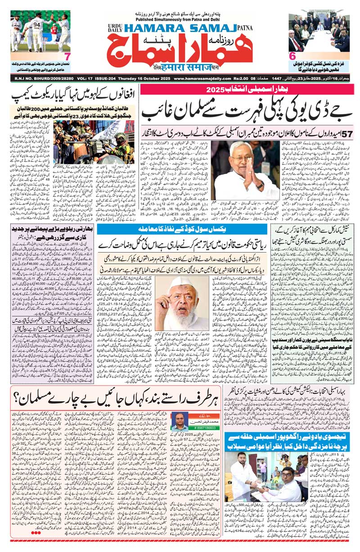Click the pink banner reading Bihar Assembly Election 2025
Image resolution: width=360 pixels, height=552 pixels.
[249, 89]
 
